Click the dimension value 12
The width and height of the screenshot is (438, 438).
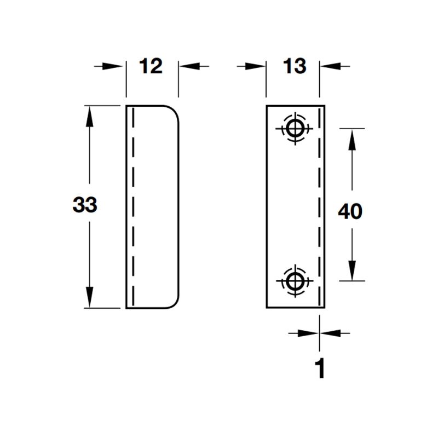pos(151,66)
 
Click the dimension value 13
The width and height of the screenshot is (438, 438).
pos(295,66)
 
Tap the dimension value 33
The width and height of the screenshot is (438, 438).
pos(85,204)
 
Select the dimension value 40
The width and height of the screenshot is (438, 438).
pos(350,211)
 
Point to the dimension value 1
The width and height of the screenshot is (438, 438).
pos(320,368)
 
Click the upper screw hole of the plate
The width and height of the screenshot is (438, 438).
pos(295,129)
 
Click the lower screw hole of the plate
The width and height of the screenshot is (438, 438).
pos(295,281)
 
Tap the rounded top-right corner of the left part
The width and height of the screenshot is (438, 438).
pos(175,110)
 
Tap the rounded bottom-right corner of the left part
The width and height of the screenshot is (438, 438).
pos(175,304)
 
